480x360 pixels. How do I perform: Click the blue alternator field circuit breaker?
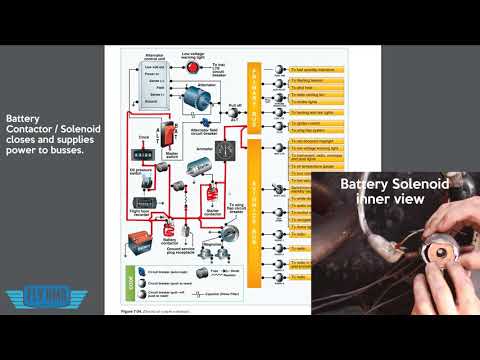pyautogui.click(x=198, y=125)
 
